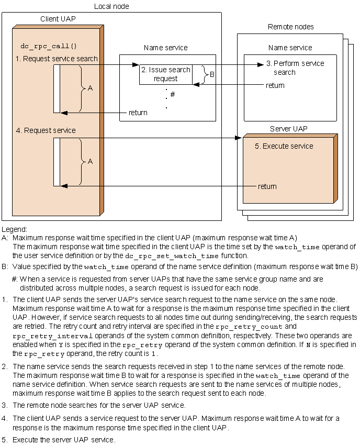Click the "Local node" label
point(111,6)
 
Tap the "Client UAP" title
point(58,19)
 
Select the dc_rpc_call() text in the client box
point(48,46)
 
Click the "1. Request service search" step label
point(57,59)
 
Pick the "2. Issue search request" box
point(165,74)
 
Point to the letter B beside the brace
point(212,75)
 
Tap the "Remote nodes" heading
point(290,27)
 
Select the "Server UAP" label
point(288,129)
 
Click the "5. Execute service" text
point(284,146)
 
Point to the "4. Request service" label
point(45,130)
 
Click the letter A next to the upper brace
point(90,88)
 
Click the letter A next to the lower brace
point(90,162)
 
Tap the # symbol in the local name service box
point(172,94)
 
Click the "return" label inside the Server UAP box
point(267,186)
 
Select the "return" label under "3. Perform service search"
point(275,85)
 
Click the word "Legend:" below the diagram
point(15,229)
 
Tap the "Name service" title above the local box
point(165,48)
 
